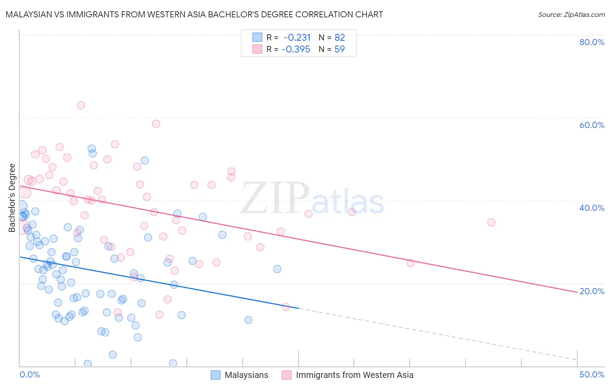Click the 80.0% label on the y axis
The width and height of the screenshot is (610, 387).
click(x=592, y=42)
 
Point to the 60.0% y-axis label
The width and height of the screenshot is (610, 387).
click(x=592, y=125)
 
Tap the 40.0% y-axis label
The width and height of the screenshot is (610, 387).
click(x=592, y=208)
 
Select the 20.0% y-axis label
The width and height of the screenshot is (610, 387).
click(x=592, y=291)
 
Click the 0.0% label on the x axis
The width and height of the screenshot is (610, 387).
click(x=30, y=374)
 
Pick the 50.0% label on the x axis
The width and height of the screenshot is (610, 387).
click(x=592, y=374)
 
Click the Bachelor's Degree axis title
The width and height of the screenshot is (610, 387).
click(x=12, y=198)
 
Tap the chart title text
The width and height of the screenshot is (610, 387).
click(x=194, y=14)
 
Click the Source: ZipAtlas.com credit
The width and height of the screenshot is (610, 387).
click(x=571, y=14)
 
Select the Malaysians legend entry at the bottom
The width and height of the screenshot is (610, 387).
click(x=246, y=375)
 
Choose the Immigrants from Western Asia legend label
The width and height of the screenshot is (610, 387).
click(x=354, y=375)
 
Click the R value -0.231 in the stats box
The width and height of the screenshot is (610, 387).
click(x=297, y=37)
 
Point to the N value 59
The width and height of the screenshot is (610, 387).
click(x=339, y=49)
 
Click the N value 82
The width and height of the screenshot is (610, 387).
click(x=339, y=37)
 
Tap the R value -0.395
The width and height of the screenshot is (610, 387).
click(x=296, y=49)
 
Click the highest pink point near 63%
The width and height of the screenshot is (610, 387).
click(x=81, y=105)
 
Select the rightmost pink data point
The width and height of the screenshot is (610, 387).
click(x=491, y=222)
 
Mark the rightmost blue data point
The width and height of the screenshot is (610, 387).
click(x=277, y=269)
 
